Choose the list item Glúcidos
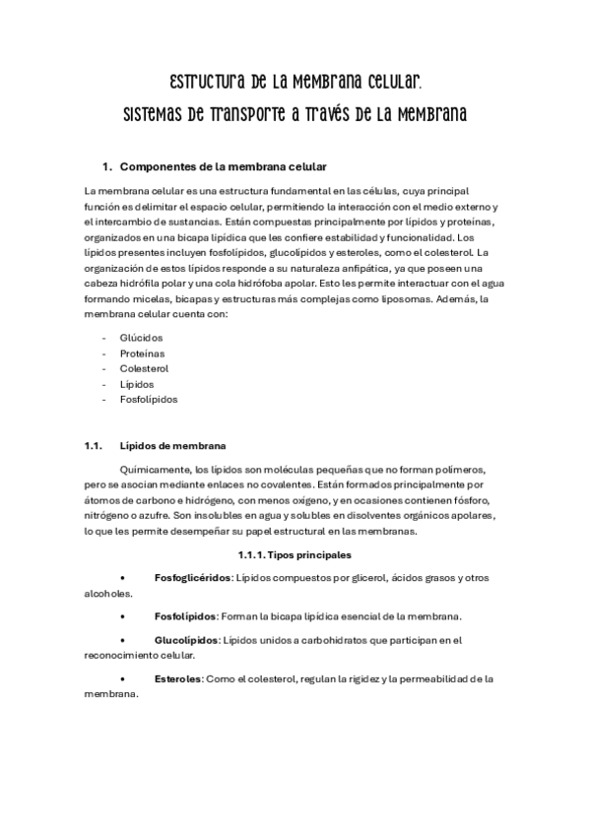pyautogui.click(x=142, y=337)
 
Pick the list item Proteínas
pyautogui.click(x=143, y=353)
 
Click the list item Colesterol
pyautogui.click(x=144, y=368)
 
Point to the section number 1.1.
pyautogui.click(x=94, y=444)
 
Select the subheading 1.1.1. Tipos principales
pyautogui.click(x=294, y=555)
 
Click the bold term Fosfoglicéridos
pyautogui.click(x=192, y=577)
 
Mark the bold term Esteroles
pyautogui.click(x=177, y=678)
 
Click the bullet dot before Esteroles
pyautogui.click(x=121, y=678)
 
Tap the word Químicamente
pyautogui.click(x=153, y=469)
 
